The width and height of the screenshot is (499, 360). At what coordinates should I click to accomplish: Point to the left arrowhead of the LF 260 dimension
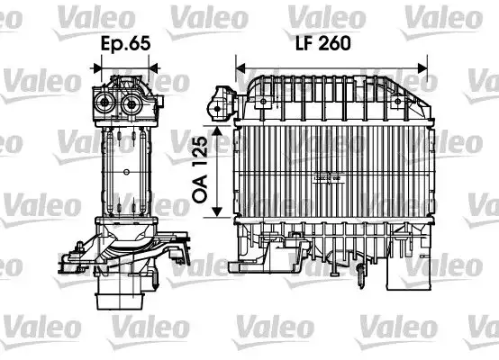tap(240, 65)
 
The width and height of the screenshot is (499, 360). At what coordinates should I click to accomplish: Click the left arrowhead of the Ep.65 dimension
tap(95, 65)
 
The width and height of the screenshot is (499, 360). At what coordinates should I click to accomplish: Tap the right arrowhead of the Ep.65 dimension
tap(156, 65)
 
